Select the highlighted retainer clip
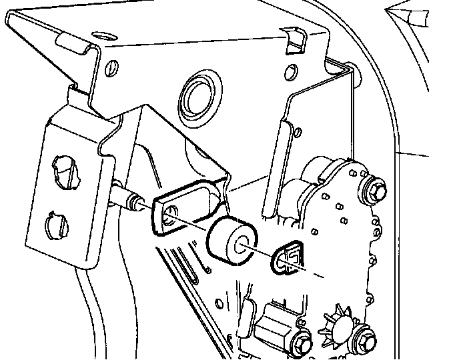coord(286,254)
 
